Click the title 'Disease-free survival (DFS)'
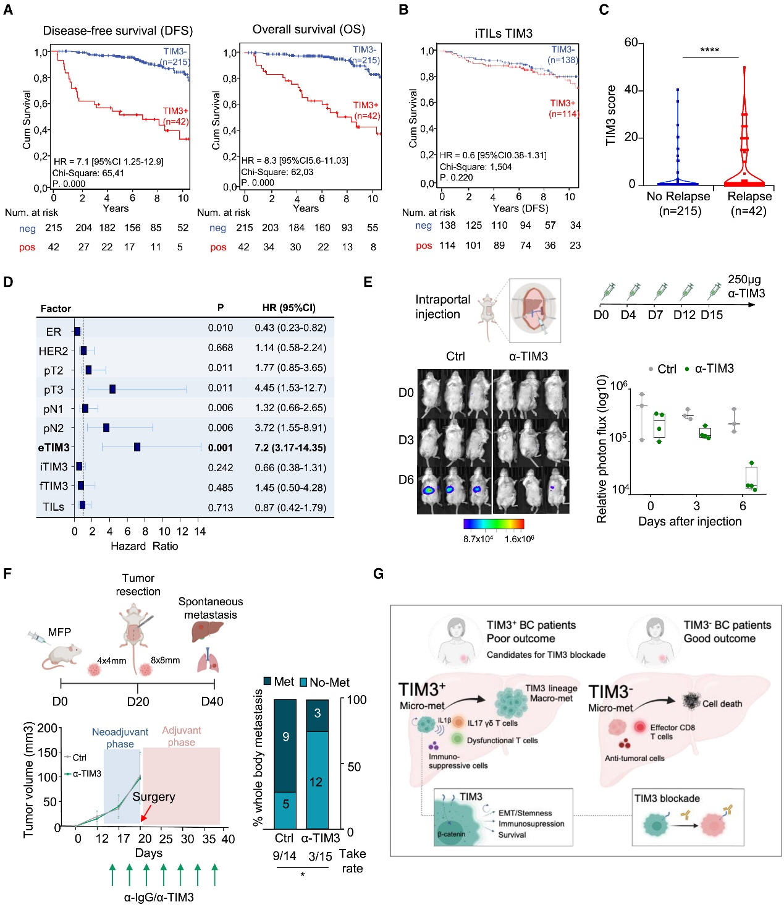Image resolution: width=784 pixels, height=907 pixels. point(118,31)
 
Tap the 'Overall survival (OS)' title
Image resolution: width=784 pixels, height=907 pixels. point(308,30)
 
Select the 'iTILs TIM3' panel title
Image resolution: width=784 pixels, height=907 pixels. point(504,33)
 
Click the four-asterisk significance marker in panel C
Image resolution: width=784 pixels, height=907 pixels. point(709,50)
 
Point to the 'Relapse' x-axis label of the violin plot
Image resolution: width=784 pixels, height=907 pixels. point(749,196)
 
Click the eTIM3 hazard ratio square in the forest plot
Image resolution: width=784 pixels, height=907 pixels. point(137,447)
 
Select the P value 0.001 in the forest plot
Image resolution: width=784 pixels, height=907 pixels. point(221,448)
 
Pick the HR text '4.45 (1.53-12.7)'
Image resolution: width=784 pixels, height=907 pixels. point(290,388)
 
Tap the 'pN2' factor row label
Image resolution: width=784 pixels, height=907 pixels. point(53,428)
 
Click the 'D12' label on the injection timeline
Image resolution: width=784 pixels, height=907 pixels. point(685,315)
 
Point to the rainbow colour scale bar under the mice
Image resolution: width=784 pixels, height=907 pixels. point(494,524)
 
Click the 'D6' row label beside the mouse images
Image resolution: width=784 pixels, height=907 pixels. point(406,480)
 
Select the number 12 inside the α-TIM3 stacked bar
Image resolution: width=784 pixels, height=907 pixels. point(316,782)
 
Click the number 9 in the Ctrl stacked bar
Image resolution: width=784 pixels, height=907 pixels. point(285,736)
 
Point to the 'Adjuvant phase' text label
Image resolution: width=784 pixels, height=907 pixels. point(181,736)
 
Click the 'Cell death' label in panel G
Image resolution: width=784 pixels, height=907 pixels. point(722,704)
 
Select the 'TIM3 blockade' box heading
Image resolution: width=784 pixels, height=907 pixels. point(667,798)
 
